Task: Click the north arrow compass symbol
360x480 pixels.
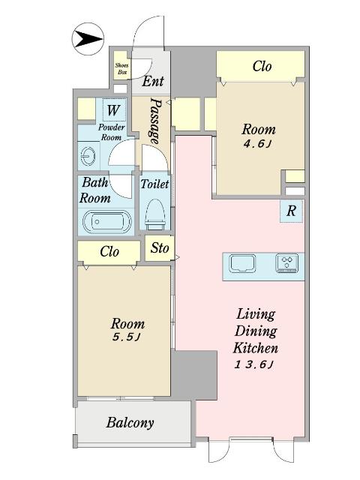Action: point(88,40)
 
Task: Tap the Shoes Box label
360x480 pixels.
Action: point(121,68)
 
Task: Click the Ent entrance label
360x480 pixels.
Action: point(153,81)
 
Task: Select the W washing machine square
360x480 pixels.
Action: point(113,109)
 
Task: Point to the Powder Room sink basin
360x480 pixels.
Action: point(88,156)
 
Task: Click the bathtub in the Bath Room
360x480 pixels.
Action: point(106,222)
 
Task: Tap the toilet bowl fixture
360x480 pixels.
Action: point(155,214)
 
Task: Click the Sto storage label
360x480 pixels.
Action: point(160,247)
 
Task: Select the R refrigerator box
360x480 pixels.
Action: point(291,211)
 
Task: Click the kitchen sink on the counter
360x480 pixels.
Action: point(243,263)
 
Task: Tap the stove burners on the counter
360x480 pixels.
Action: point(287,263)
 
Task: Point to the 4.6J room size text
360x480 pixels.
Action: point(257,144)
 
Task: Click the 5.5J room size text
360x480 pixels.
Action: point(127,337)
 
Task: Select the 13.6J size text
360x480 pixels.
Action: point(254,364)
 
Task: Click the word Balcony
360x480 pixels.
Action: point(130,423)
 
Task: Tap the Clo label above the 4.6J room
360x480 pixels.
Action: point(262,66)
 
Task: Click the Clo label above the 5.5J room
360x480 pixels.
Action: point(109,252)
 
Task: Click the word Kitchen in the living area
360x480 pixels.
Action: point(256,347)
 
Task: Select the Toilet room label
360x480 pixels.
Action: point(154,184)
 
